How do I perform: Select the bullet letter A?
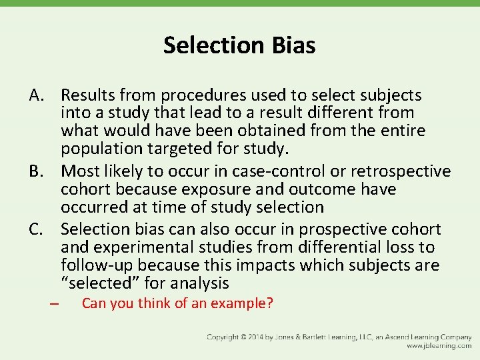point(36,95)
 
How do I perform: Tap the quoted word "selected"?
point(90,283)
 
